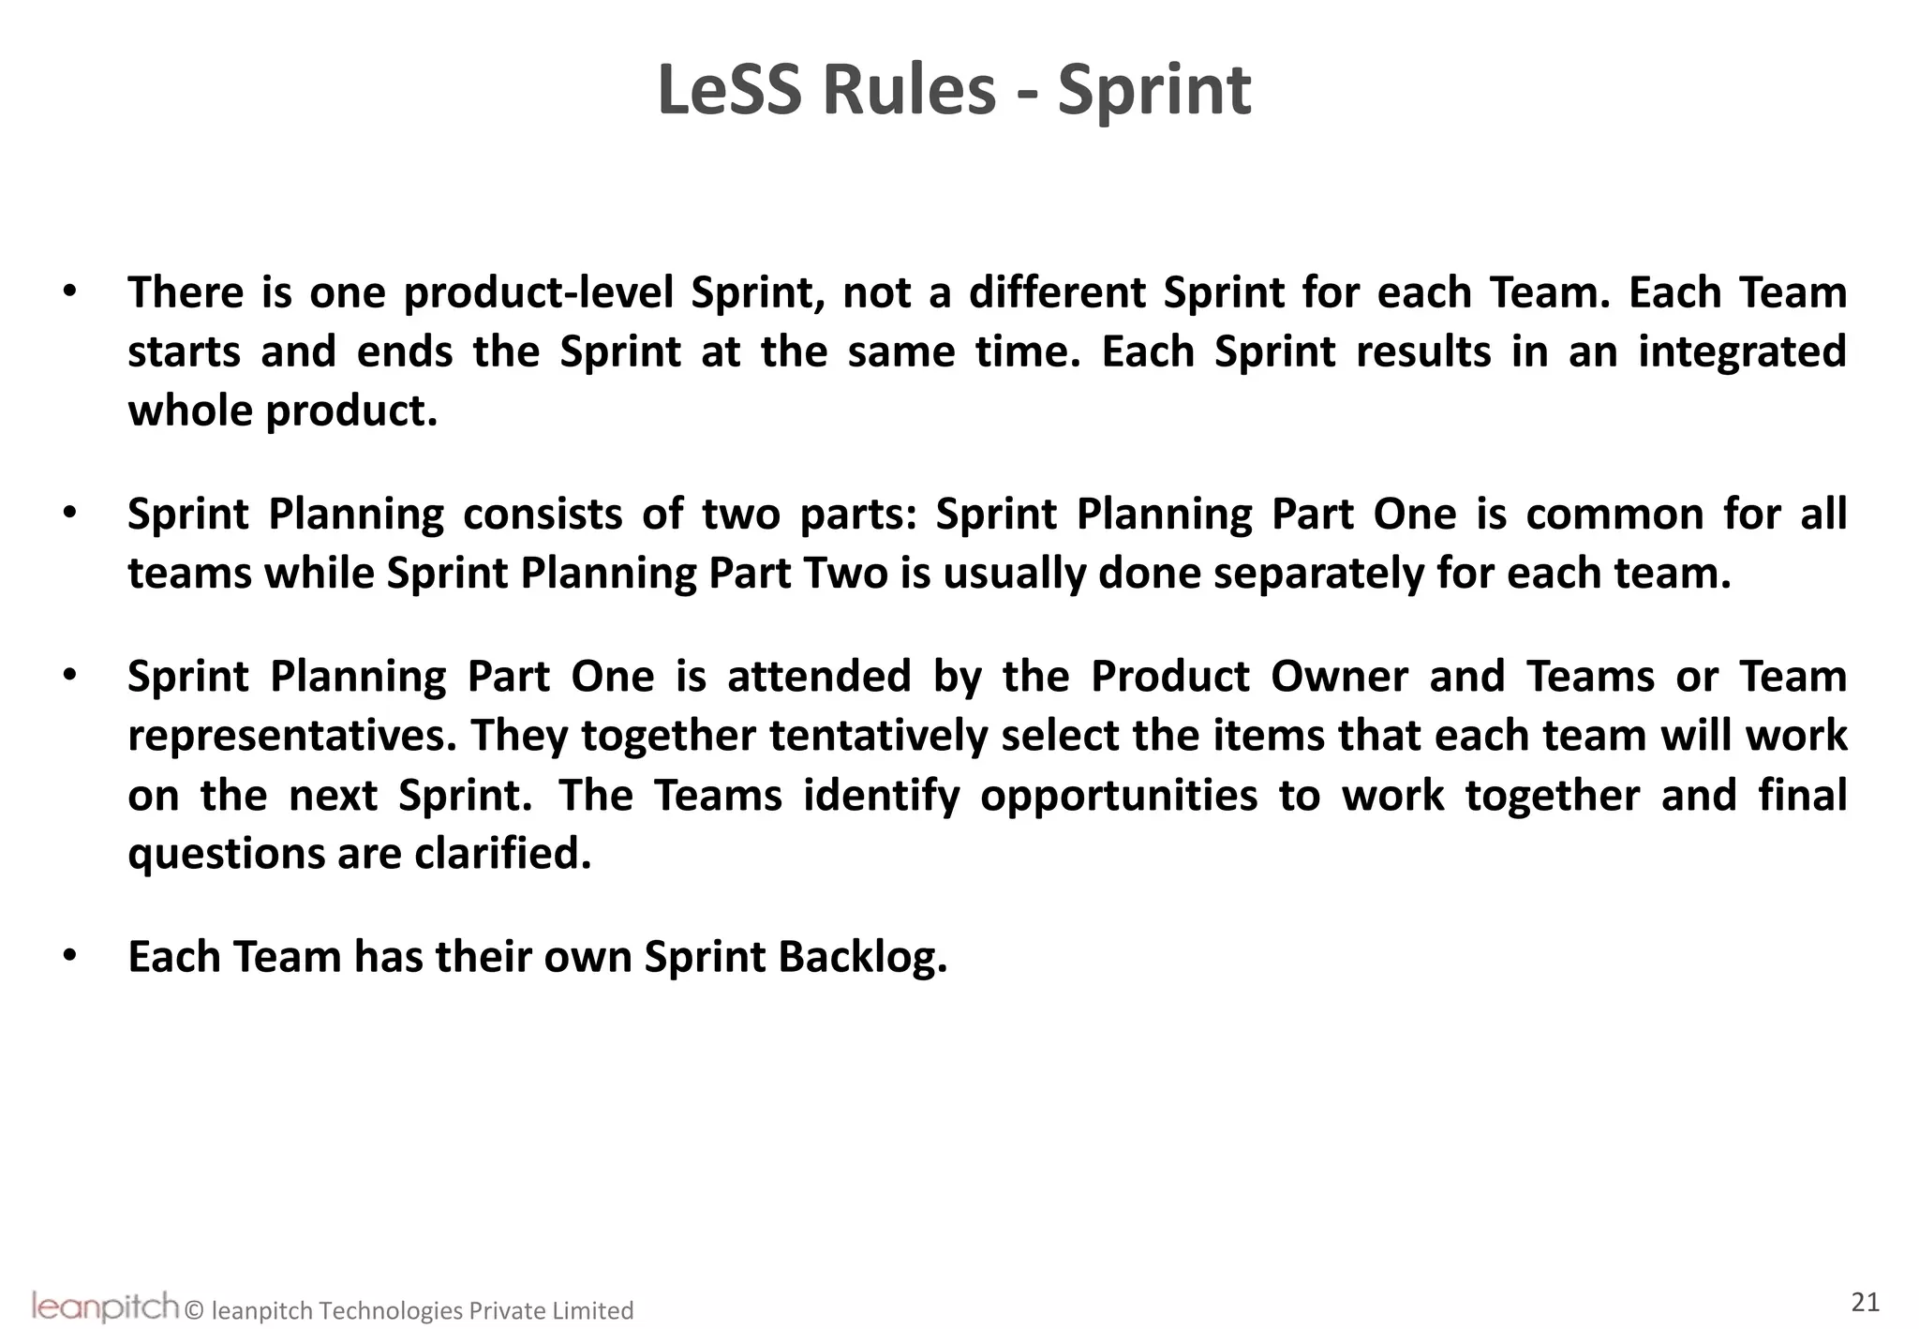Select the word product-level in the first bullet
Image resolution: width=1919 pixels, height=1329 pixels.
click(x=539, y=292)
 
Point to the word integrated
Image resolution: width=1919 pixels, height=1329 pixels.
click(x=1742, y=352)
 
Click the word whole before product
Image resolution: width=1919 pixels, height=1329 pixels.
click(x=190, y=411)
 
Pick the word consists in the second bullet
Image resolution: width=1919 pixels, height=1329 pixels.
click(x=543, y=515)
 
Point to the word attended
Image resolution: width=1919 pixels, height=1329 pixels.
click(x=819, y=677)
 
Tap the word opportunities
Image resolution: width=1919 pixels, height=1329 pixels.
click(x=1119, y=796)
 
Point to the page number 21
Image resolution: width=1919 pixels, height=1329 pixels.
click(x=1865, y=1302)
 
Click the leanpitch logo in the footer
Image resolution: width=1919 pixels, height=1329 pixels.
click(x=105, y=1306)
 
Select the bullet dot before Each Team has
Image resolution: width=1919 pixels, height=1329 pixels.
click(x=68, y=955)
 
